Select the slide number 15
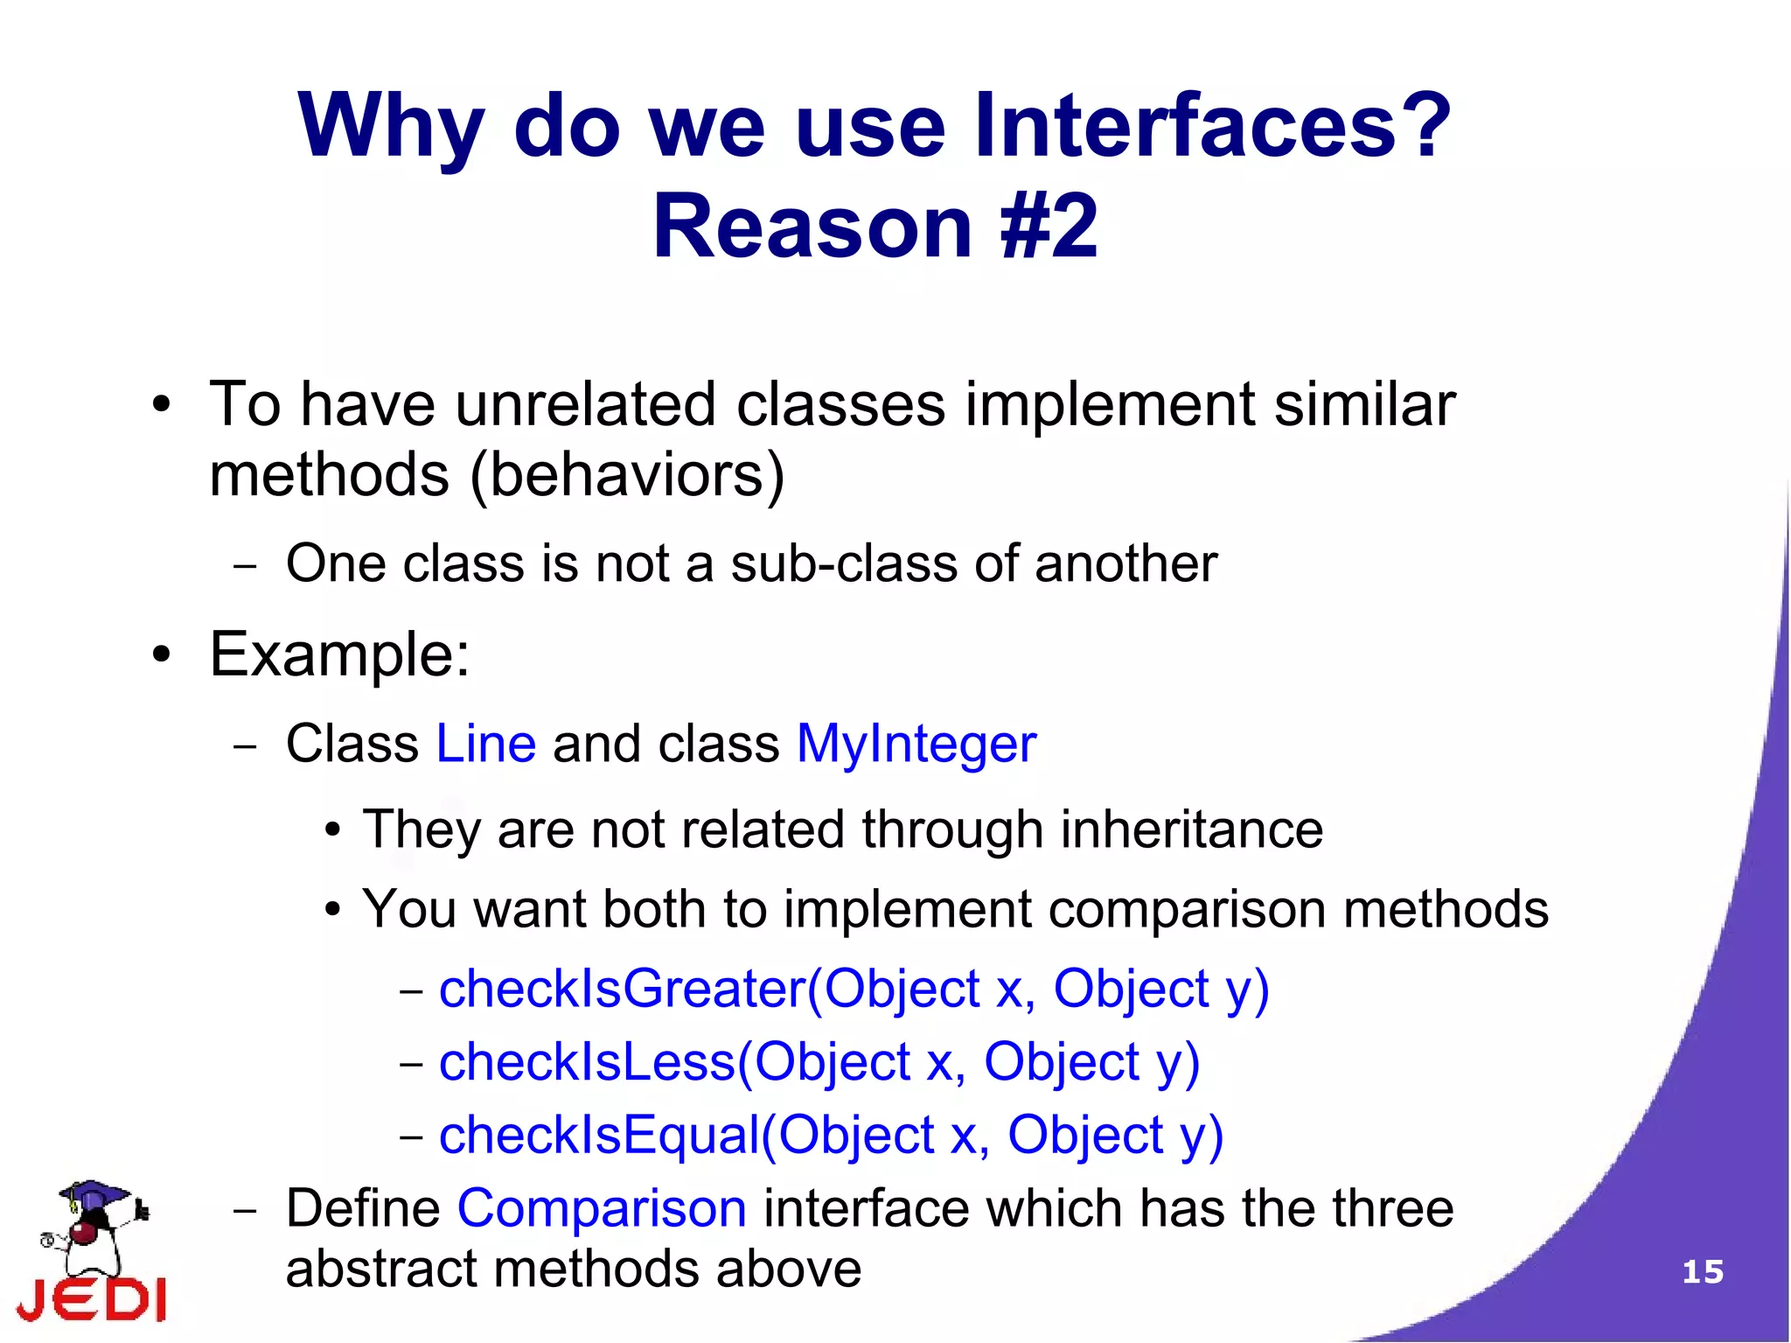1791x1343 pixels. pos(1702,1271)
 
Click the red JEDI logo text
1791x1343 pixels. pos(92,1299)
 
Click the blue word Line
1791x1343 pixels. pos(485,745)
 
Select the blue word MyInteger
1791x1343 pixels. pos(916,745)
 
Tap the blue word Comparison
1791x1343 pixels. pos(602,1208)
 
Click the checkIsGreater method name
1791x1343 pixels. pos(621,990)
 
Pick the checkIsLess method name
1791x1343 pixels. pos(587,1062)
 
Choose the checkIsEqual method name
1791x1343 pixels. pos(599,1135)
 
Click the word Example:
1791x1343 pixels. pos(339,654)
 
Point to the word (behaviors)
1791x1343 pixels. pos(627,475)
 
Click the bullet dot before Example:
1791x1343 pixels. pos(160,655)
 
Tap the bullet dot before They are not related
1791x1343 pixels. pos(331,831)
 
